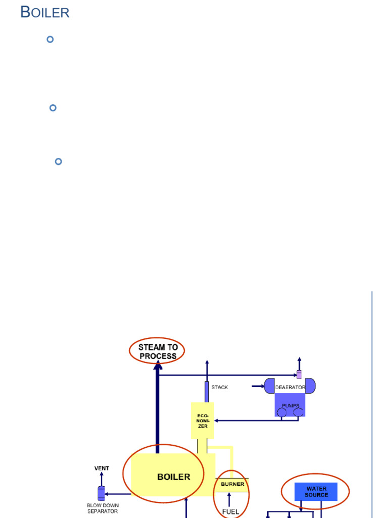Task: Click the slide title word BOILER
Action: pyautogui.click(x=44, y=13)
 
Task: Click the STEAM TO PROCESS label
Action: pyautogui.click(x=158, y=352)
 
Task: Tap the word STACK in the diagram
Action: pyautogui.click(x=220, y=387)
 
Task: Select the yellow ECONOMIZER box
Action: pyautogui.click(x=202, y=420)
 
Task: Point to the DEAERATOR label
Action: pyautogui.click(x=290, y=387)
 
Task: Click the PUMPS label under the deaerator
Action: pyautogui.click(x=290, y=406)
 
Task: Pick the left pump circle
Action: pyautogui.click(x=281, y=412)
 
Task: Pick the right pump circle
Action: pyautogui.click(x=299, y=412)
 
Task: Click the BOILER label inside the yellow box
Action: pyautogui.click(x=173, y=477)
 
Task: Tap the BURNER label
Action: pyautogui.click(x=232, y=484)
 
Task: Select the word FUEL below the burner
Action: pyautogui.click(x=231, y=511)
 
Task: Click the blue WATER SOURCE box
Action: pyautogui.click(x=316, y=492)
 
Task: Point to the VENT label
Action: pyautogui.click(x=102, y=468)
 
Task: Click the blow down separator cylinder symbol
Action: pyautogui.click(x=101, y=493)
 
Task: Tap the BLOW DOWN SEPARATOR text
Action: pyautogui.click(x=102, y=508)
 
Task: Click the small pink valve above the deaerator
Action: pyautogui.click(x=299, y=374)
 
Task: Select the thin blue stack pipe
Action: pyautogui.click(x=207, y=392)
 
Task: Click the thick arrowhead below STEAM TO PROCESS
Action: pyautogui.click(x=158, y=365)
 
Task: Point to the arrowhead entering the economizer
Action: pyautogui.click(x=216, y=420)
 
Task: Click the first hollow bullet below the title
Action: pyautogui.click(x=50, y=39)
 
